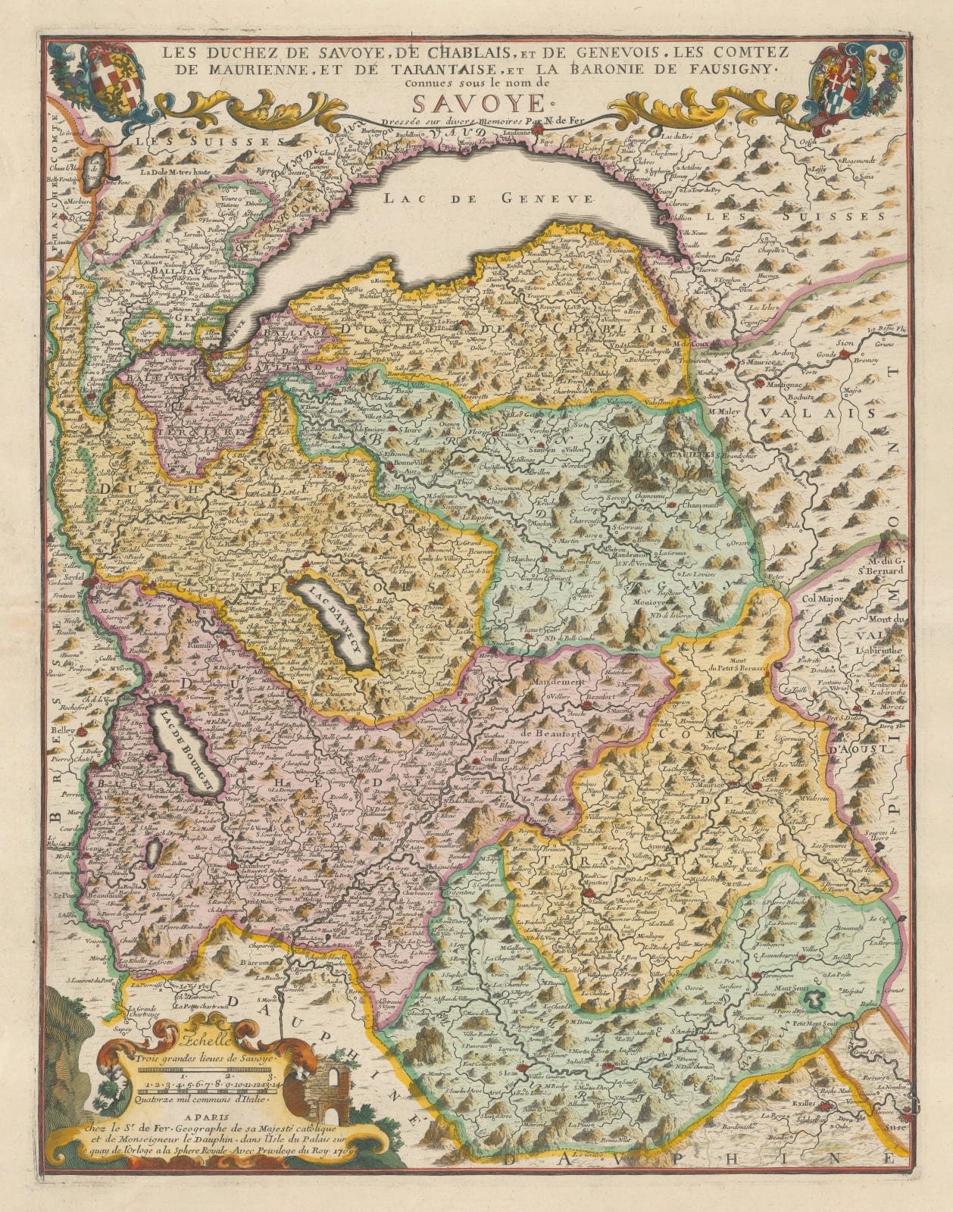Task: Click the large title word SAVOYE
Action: coord(475,103)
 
